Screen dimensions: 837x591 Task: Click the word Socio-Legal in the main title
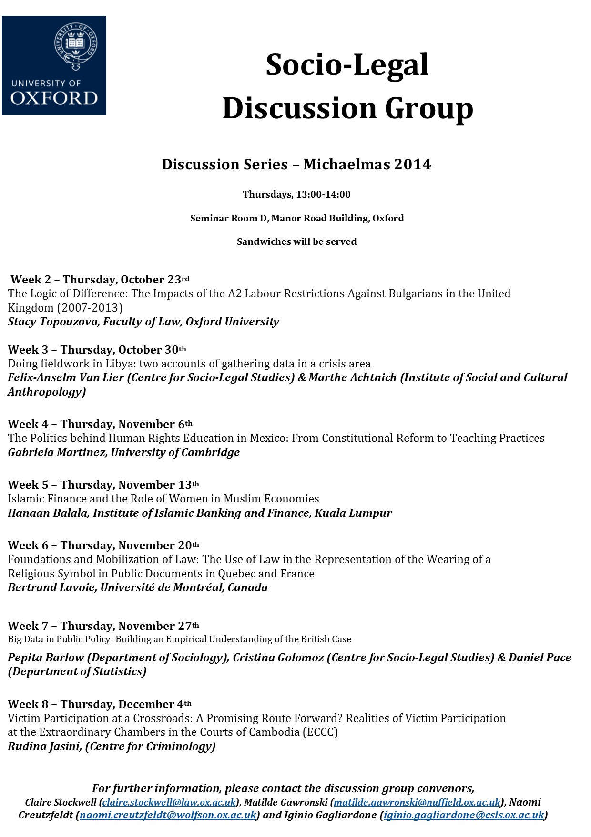(x=347, y=65)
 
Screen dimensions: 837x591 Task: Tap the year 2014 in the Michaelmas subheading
(x=412, y=165)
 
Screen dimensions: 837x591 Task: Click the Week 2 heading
(x=33, y=280)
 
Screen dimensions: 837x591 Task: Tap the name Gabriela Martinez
(x=57, y=452)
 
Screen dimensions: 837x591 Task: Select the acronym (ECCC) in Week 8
(x=320, y=732)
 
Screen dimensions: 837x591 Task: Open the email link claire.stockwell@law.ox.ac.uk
(x=169, y=802)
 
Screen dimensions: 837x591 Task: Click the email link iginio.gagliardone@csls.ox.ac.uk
(x=464, y=815)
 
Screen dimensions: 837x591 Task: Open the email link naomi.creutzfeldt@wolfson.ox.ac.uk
(x=168, y=815)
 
